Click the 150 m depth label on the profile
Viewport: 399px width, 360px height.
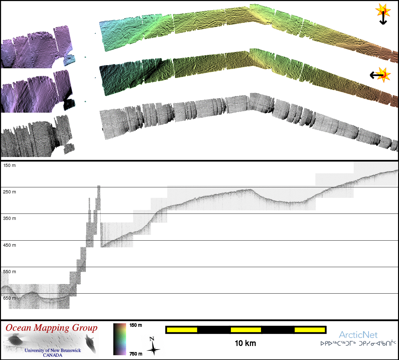pos(9,166)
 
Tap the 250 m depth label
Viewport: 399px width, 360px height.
pos(9,192)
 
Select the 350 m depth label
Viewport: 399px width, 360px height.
pos(9,218)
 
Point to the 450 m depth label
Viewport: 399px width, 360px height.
pos(9,245)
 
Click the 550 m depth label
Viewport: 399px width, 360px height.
pos(9,272)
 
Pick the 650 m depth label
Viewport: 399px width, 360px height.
pos(9,298)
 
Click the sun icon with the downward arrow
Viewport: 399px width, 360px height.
pos(383,14)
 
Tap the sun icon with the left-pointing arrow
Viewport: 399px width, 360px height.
pos(380,75)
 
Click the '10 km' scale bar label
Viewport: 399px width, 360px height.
pos(245,343)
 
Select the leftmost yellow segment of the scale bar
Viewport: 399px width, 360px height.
pos(182,330)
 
